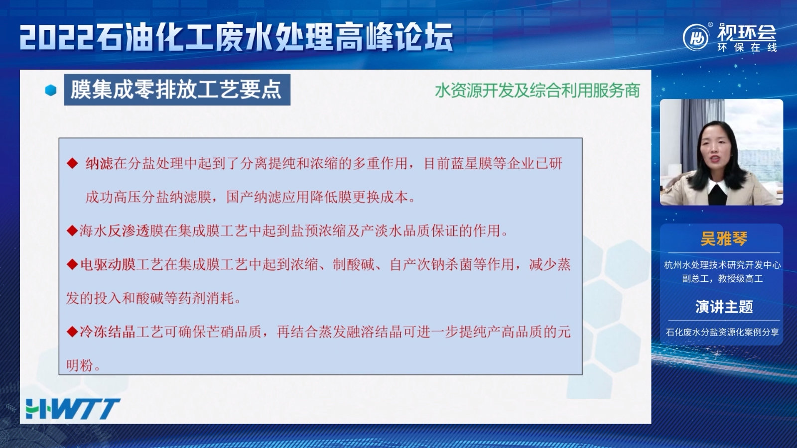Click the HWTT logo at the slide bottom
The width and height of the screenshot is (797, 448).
73,409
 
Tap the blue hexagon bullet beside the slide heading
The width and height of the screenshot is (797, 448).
51,90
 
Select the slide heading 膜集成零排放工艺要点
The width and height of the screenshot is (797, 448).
176,90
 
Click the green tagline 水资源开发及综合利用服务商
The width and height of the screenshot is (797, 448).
537,91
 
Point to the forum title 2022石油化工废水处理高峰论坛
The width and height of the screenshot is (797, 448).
237,37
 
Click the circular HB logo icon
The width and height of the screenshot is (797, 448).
696,37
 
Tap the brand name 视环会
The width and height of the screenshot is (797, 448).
747,33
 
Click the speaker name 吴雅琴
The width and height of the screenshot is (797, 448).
724,238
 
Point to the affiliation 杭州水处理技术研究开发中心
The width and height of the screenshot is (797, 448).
722,265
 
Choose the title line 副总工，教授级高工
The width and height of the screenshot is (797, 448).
722,278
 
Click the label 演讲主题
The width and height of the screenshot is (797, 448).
724,307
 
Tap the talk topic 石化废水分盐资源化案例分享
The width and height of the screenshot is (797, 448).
722,332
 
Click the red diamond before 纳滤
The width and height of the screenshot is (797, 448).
72,164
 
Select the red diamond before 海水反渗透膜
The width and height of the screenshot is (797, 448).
72,231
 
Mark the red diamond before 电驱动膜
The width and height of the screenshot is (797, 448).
72,264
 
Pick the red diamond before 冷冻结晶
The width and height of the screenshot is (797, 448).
72,332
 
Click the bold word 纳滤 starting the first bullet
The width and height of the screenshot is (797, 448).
99,164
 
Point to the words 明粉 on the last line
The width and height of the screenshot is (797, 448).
80,365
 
